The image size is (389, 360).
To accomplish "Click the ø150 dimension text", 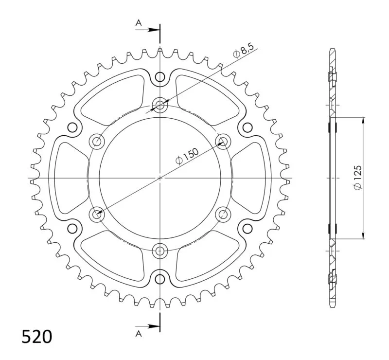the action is [187, 157].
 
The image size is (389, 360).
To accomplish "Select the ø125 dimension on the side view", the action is [358, 178].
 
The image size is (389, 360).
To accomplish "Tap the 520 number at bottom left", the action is [37, 337].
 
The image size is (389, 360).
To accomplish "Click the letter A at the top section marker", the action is [139, 23].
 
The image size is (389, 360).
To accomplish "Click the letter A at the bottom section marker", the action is [139, 334].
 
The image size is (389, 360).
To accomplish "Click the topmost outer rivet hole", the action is [160, 77].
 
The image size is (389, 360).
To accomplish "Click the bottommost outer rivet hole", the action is [160, 279].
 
